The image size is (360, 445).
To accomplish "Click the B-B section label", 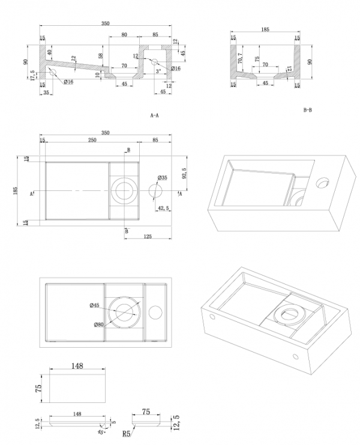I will click(x=308, y=110).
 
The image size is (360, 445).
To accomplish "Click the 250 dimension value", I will click(x=91, y=140).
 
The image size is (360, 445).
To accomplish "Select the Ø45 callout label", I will click(x=94, y=306).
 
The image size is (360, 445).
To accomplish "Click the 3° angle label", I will click(x=158, y=71).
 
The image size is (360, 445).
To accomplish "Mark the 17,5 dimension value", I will click(x=33, y=74).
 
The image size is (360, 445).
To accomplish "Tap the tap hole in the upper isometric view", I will click(x=323, y=180).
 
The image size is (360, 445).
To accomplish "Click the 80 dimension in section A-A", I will click(x=124, y=35).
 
